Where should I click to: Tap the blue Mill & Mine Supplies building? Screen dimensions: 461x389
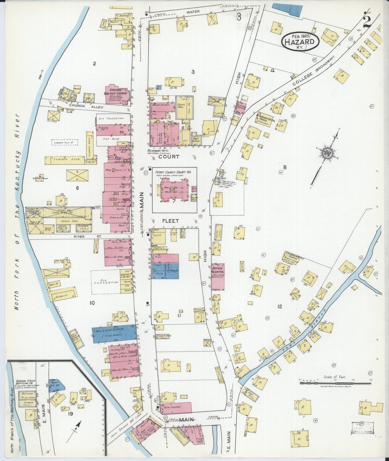pyautogui.click(x=114, y=334)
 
